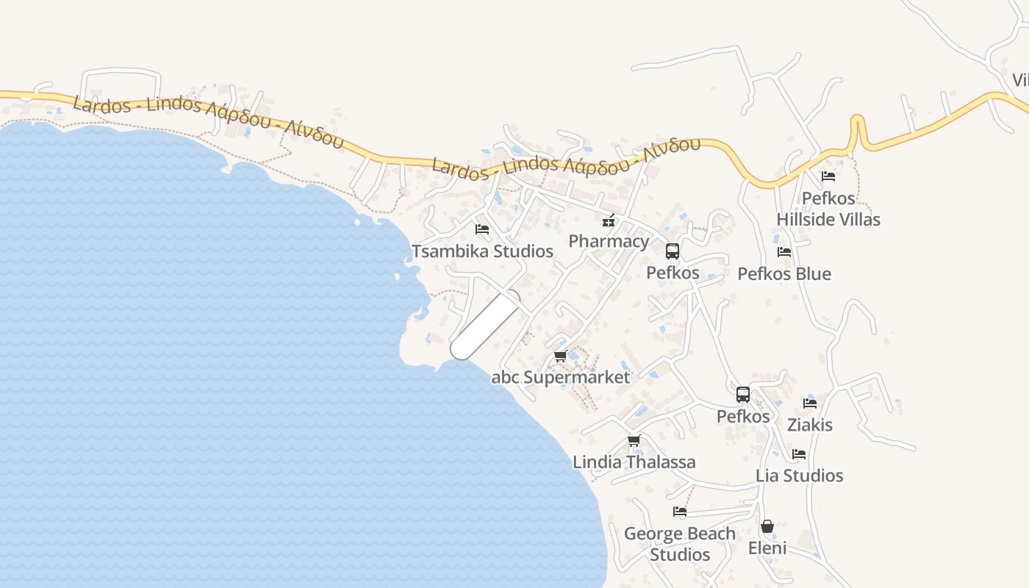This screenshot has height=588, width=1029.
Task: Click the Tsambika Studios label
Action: [x=482, y=251]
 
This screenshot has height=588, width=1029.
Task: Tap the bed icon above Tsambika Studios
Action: [x=482, y=229]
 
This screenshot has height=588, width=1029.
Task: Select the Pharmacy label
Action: [x=609, y=241]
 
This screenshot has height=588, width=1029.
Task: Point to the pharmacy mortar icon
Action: [x=609, y=220]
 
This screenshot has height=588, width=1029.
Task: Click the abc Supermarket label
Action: [x=561, y=378]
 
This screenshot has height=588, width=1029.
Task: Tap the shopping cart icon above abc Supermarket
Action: [x=560, y=356]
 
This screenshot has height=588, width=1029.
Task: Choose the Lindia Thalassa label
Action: [x=634, y=462]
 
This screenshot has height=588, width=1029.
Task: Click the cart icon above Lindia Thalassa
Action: [x=634, y=441]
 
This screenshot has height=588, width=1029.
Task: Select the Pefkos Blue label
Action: [x=784, y=274]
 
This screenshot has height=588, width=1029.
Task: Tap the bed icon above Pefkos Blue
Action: [x=784, y=252]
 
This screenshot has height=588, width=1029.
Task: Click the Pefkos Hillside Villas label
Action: [x=828, y=209]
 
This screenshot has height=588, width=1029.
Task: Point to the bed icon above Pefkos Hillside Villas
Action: [x=828, y=176]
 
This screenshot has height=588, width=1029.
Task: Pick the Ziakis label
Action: [x=810, y=425]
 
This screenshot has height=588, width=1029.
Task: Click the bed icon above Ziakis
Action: [x=810, y=403]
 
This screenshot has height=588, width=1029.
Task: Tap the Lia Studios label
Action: [x=799, y=476]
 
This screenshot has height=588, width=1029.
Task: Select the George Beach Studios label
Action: [x=680, y=544]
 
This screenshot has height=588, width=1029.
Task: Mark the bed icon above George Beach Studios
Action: [x=680, y=512]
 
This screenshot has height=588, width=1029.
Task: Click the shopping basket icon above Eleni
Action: [x=767, y=526]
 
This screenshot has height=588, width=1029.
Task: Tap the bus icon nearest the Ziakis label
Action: [x=743, y=395]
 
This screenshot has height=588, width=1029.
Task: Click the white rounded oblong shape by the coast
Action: [x=485, y=325]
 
